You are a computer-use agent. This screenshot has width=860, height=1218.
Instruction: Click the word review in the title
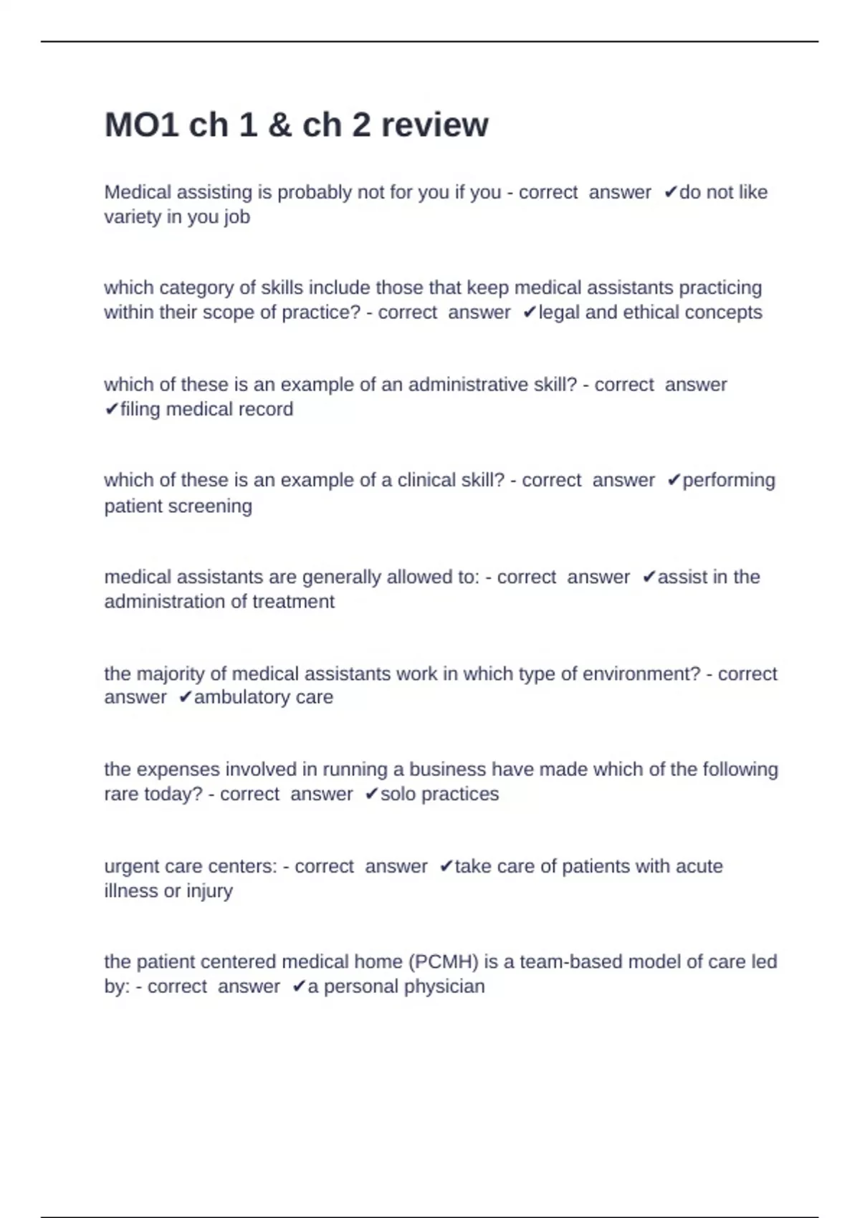tap(434, 125)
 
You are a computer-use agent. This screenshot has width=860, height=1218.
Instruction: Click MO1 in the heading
tap(141, 125)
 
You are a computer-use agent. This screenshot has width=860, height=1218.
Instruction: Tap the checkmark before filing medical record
tap(111, 409)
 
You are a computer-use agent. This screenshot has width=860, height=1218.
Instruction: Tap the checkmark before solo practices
tap(371, 794)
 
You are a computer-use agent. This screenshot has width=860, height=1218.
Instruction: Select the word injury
tap(209, 891)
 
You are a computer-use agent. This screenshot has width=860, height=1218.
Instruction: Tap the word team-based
tap(564, 962)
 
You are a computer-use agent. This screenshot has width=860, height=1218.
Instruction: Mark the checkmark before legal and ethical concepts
tap(530, 312)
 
